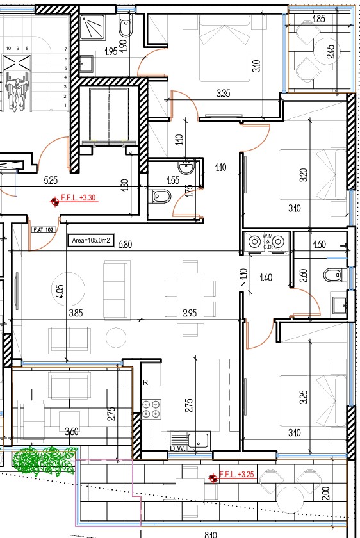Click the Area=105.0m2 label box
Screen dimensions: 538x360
92,241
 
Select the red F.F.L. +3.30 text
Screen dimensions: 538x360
78,198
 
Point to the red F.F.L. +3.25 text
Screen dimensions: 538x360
237,475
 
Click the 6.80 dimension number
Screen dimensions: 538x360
125,244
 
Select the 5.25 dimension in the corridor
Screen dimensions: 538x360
51,181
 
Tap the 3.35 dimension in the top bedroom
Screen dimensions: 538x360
223,94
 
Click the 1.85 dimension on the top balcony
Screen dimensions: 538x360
318,19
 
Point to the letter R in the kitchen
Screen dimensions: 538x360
146,382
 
